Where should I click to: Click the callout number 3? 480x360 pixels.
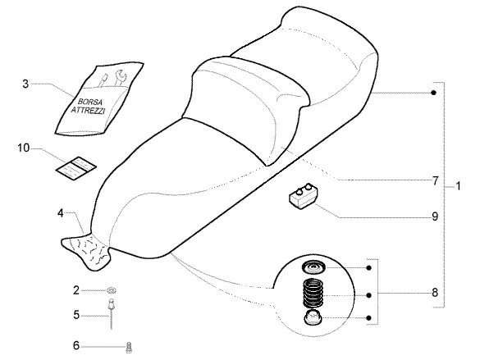(x=25, y=84)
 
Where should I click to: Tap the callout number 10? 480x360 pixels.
(x=23, y=148)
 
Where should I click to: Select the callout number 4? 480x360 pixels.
(x=61, y=213)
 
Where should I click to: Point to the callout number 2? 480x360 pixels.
(x=76, y=290)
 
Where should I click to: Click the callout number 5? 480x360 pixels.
(x=76, y=315)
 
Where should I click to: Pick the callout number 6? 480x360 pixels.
(x=76, y=345)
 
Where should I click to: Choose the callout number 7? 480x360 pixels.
(x=436, y=181)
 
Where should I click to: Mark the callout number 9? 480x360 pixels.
(x=435, y=216)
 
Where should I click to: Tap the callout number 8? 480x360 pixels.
(x=435, y=293)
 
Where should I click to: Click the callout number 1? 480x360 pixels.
(x=458, y=186)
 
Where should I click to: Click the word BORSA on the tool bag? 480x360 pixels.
(x=90, y=102)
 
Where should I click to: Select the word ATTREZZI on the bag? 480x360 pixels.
(x=88, y=110)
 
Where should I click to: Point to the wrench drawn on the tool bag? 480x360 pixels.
(x=120, y=77)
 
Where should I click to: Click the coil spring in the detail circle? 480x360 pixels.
(x=313, y=294)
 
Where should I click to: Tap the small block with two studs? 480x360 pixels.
(x=303, y=196)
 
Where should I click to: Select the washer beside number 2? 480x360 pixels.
(x=112, y=290)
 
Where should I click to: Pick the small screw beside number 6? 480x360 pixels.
(x=129, y=348)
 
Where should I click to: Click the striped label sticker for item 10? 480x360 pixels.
(x=76, y=168)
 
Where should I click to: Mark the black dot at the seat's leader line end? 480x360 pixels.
(x=433, y=93)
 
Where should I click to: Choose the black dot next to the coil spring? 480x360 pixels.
(x=369, y=295)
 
